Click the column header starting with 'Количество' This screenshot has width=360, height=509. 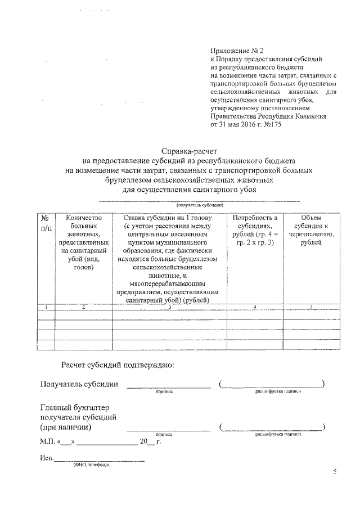tap(83, 242)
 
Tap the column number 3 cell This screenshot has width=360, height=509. tap(169, 307)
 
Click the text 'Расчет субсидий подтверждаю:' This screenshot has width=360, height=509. tap(118, 365)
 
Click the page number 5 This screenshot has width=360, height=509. tap(335, 472)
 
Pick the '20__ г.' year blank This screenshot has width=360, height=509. tap(150, 442)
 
